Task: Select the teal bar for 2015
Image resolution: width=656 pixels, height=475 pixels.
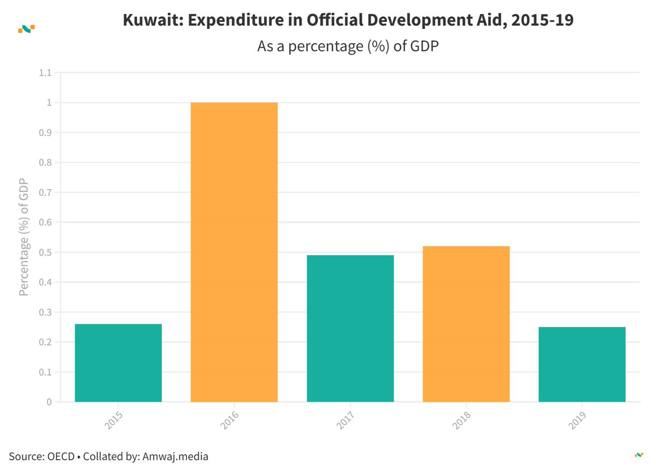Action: pos(118,363)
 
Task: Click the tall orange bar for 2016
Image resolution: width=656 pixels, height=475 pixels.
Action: pos(234,252)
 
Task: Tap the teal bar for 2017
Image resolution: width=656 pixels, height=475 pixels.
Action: pos(350,329)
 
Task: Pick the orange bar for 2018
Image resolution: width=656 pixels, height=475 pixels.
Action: pos(466,324)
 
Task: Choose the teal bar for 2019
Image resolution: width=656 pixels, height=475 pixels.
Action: pos(582,364)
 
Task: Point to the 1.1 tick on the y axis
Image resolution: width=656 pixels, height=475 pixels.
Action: pos(45,73)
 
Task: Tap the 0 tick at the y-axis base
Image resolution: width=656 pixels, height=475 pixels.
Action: pos(49,402)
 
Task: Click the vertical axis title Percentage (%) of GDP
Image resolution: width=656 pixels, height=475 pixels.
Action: pos(24,237)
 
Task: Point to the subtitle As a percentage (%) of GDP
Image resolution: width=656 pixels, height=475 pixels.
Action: pos(349,46)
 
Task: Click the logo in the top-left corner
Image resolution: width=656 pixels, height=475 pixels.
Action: pos(26,28)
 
